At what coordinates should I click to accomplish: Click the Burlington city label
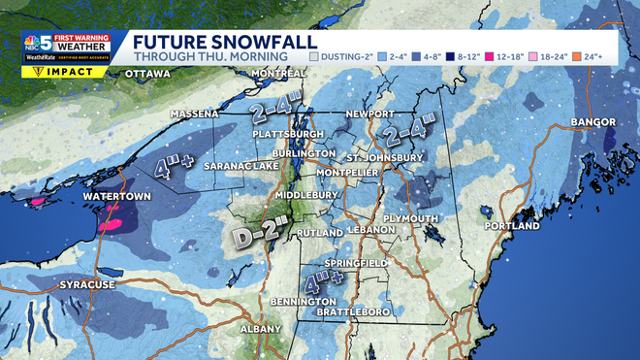[297, 154]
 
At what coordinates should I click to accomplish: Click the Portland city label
[511, 226]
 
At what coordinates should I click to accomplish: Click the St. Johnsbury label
[385, 157]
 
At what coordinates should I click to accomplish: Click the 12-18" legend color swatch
[501, 57]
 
